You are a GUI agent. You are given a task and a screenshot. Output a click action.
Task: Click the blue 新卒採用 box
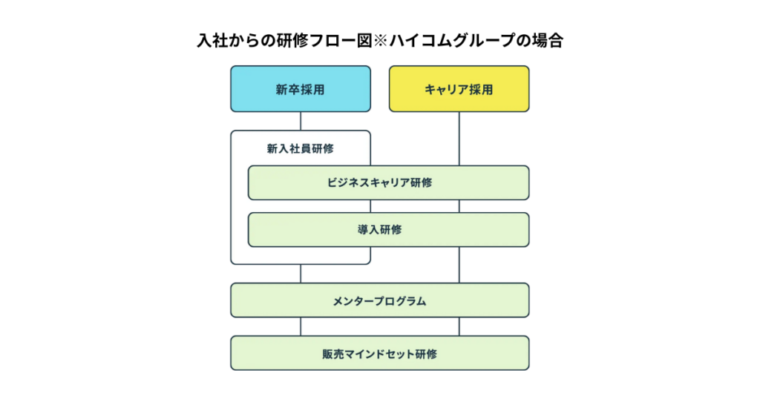(x=300, y=89)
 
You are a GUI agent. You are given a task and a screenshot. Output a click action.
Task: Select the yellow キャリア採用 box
(x=459, y=89)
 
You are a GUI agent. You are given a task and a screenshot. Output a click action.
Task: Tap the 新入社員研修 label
(x=300, y=148)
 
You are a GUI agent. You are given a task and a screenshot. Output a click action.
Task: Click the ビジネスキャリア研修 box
(x=388, y=182)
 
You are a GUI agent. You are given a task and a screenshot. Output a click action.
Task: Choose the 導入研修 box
(x=388, y=230)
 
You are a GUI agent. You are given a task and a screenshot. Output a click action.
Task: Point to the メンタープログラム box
(x=379, y=300)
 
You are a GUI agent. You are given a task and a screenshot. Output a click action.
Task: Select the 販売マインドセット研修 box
(x=379, y=353)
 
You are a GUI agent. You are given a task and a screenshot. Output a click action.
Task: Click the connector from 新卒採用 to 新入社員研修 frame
(x=300, y=121)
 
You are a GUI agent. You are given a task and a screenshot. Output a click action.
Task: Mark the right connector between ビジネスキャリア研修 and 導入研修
(x=459, y=206)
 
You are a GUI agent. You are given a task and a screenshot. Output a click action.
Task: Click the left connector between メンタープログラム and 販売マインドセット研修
(x=300, y=326)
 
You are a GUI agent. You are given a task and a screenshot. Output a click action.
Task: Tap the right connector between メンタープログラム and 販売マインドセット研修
(x=459, y=326)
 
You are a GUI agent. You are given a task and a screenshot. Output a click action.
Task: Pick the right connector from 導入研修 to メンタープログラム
(x=459, y=264)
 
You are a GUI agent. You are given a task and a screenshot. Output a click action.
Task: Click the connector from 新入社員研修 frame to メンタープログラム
(x=300, y=274)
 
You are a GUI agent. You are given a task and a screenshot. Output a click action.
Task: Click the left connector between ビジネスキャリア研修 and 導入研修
(x=300, y=206)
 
